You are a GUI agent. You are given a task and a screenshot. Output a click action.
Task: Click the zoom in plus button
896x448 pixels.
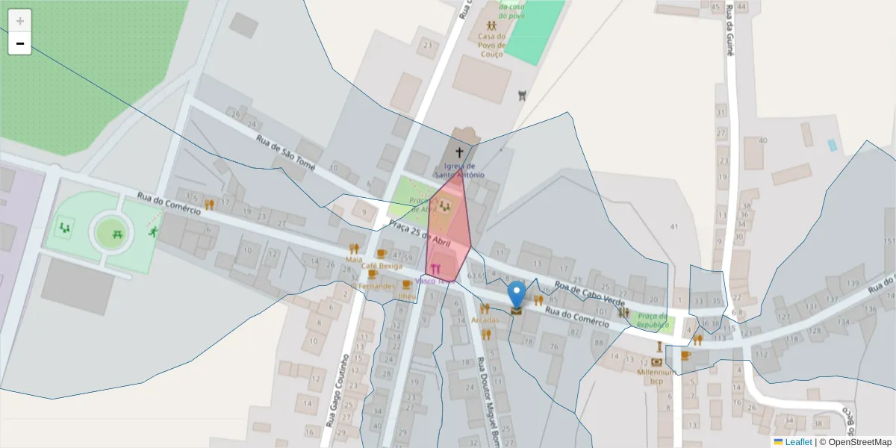tap(20, 21)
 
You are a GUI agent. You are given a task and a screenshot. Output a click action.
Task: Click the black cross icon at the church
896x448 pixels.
tap(458, 152)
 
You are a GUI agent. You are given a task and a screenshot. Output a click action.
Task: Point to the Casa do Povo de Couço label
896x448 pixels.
tap(492, 45)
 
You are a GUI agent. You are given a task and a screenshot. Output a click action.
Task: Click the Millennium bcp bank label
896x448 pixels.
tap(656, 376)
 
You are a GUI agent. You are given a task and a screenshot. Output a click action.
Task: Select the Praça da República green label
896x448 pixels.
tap(652, 321)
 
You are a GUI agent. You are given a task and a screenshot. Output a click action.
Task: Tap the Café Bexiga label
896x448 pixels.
tap(381, 266)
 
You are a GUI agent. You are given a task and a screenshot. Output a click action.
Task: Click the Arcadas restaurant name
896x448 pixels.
tap(485, 320)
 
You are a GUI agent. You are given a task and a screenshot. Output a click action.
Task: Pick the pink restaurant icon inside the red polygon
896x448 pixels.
tap(446, 270)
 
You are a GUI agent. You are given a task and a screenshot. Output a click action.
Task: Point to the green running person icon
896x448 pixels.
tap(152, 231)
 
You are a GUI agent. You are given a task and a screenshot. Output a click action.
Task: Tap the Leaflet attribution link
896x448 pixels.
tap(797, 442)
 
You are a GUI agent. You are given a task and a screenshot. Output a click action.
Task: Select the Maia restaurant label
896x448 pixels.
tap(354, 259)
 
